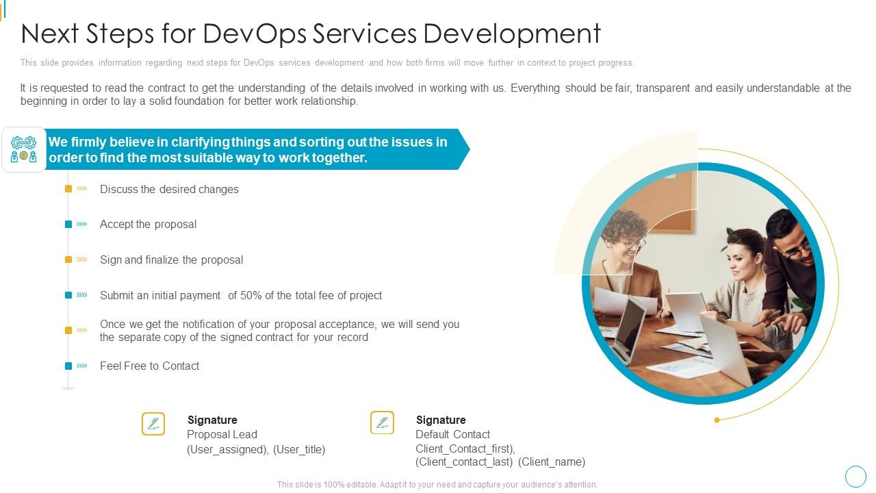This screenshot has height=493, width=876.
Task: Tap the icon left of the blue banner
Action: click(x=24, y=149)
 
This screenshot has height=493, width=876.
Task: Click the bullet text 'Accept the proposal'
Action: click(x=148, y=225)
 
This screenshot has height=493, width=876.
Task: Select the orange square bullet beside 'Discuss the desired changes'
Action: click(x=68, y=189)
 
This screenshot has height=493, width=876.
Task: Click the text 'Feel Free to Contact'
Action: click(x=149, y=366)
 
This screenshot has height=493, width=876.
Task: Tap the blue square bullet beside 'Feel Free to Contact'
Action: click(x=68, y=366)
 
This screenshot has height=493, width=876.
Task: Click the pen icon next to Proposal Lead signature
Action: click(x=153, y=423)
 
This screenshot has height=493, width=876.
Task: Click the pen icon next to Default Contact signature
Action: click(x=382, y=423)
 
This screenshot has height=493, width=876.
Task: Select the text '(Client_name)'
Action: click(x=552, y=462)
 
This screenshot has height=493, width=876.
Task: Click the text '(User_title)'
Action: click(x=299, y=450)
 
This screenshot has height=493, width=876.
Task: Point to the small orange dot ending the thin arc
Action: click(x=717, y=420)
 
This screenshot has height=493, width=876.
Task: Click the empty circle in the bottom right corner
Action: click(x=855, y=477)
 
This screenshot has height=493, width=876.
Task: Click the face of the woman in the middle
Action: click(x=742, y=259)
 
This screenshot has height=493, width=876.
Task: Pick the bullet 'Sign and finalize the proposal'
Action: click(x=171, y=260)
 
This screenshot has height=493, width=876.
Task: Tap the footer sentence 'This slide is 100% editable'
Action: click(x=437, y=485)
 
